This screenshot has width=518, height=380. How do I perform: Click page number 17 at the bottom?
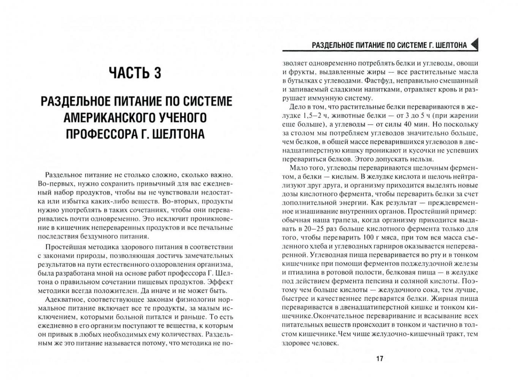pos(379,359)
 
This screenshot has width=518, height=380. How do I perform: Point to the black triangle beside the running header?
pos(474,45)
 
